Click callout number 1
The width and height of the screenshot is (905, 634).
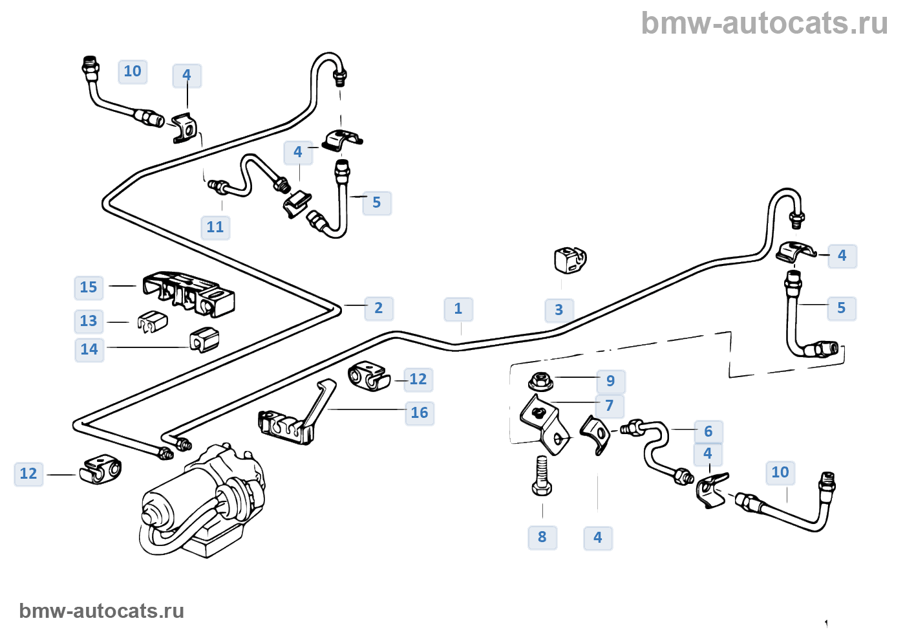[x=458, y=309]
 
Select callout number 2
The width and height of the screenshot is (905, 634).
[x=379, y=309]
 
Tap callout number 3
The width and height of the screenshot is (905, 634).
[x=559, y=311]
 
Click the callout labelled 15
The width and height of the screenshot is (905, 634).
[x=89, y=288]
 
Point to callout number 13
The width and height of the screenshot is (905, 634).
[x=89, y=322]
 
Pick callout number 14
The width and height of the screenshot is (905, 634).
[x=89, y=350]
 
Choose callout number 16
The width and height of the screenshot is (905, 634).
[x=420, y=413]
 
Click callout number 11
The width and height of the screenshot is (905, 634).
[x=215, y=228]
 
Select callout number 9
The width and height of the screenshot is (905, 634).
[x=610, y=381]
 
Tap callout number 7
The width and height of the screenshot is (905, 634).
[x=610, y=406]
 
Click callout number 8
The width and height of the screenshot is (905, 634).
[x=542, y=538]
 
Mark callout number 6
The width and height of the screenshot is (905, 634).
[x=708, y=432]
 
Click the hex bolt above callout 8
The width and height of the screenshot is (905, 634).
[x=542, y=477]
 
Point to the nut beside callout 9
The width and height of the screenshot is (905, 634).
[x=540, y=381]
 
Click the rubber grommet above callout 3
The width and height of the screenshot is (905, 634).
[x=570, y=260]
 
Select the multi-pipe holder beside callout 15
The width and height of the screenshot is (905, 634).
[x=188, y=294]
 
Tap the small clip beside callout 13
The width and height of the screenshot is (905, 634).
[x=153, y=322]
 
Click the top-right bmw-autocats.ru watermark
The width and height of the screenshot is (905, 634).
[x=764, y=24]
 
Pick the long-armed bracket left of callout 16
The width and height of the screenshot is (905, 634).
[x=297, y=417]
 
